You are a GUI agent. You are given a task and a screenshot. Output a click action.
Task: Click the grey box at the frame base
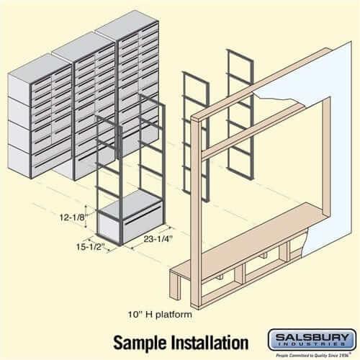point(126,224)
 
